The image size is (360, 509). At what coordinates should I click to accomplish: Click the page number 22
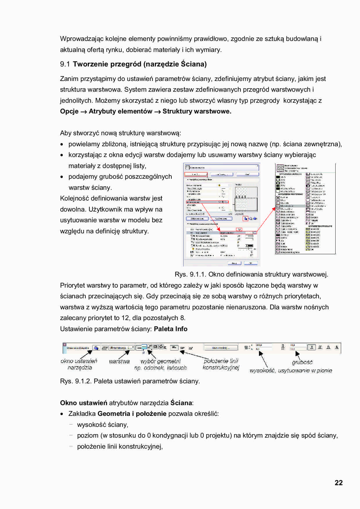pyautogui.click(x=339, y=483)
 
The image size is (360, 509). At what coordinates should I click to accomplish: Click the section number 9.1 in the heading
pyautogui.click(x=65, y=64)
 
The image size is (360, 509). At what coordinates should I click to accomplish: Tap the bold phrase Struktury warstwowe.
pyautogui.click(x=197, y=111)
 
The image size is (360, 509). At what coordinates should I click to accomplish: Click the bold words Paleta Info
pyautogui.click(x=170, y=329)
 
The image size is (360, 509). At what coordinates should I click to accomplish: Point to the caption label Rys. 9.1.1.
pyautogui.click(x=190, y=275)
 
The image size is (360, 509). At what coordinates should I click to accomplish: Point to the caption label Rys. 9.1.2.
pyautogui.click(x=75, y=381)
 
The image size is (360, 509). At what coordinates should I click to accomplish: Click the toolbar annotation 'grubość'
pyautogui.click(x=302, y=362)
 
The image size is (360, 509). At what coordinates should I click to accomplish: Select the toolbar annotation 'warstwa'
pyautogui.click(x=119, y=361)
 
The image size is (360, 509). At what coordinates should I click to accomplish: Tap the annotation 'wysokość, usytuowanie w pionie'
pyautogui.click(x=291, y=371)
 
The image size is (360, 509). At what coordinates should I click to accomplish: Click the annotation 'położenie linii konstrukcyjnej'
pyautogui.click(x=221, y=364)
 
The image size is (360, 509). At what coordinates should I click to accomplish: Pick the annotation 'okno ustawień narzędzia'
pyautogui.click(x=79, y=364)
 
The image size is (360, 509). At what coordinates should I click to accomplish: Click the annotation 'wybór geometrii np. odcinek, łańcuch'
pyautogui.click(x=161, y=364)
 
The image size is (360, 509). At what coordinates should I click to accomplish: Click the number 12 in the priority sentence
pyautogui.click(x=125, y=318)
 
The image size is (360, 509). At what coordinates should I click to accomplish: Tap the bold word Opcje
pyautogui.click(x=69, y=111)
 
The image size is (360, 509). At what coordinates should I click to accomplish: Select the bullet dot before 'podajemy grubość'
pyautogui.click(x=62, y=177)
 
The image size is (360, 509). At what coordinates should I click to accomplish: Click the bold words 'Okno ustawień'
pyautogui.click(x=84, y=403)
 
